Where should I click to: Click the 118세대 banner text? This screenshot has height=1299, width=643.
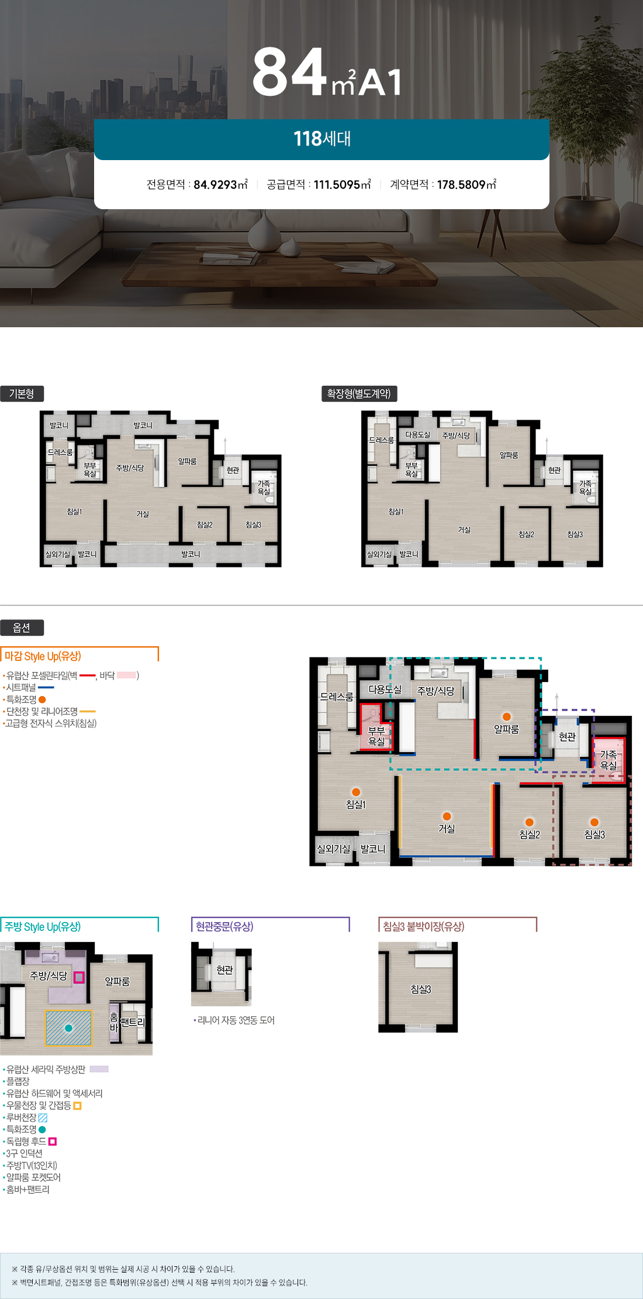pos(322,139)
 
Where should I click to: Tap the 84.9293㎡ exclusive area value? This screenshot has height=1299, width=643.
pos(221,185)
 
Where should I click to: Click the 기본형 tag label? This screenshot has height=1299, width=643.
pos(22,394)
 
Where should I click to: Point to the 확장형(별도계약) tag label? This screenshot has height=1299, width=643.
pos(359,394)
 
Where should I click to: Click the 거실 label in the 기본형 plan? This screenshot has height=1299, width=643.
pos(143,514)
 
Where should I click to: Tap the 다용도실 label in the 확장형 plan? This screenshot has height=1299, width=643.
pos(417,435)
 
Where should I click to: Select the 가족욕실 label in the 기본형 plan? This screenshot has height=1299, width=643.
pos(264,487)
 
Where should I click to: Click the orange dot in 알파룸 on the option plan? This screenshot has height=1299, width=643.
pos(507,716)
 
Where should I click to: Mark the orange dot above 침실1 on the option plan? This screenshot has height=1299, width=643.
pos(356,792)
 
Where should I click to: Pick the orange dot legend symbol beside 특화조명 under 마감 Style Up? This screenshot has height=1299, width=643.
pos(42,699)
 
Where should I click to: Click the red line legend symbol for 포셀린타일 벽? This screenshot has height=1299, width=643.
pos(87,676)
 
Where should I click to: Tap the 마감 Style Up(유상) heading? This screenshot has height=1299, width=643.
pos(43,656)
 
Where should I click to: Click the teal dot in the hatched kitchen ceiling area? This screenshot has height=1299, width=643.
pos(68,1028)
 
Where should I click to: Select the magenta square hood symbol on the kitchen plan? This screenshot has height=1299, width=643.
pos(79,977)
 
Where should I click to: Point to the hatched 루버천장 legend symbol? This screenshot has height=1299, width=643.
pos(43,1118)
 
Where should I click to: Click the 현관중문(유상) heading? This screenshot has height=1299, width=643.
pos(224,926)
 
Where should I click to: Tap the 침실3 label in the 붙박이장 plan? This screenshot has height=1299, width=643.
pos(421,989)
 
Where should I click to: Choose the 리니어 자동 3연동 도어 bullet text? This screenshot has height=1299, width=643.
pos(236,1020)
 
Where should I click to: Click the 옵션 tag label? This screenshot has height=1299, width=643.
pos(22,628)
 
